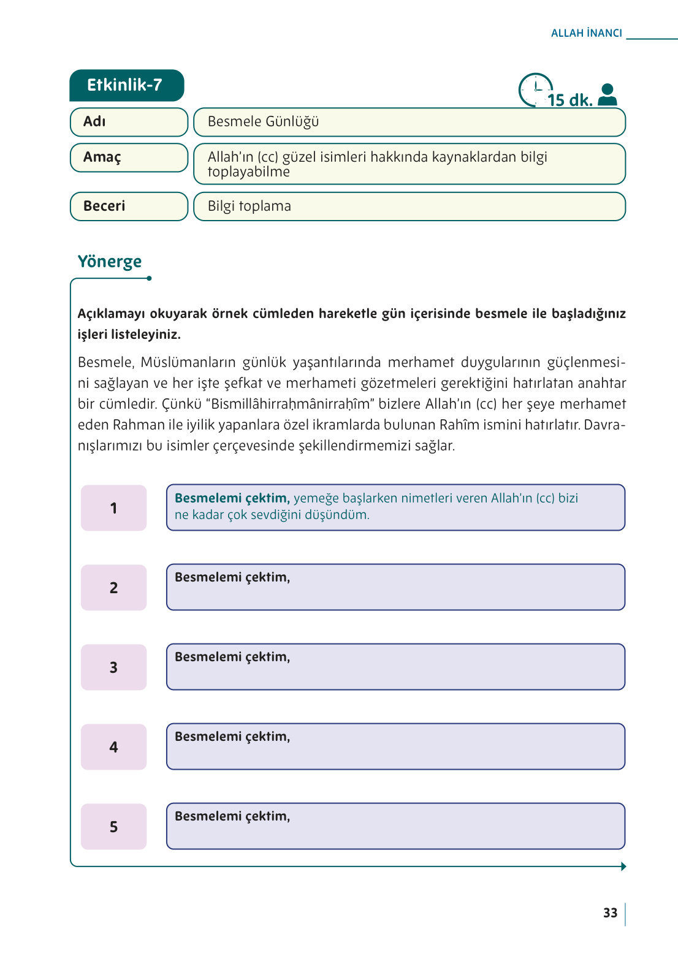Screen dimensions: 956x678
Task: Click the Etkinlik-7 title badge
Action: click(x=126, y=85)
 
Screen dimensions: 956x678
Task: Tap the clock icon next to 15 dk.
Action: click(x=535, y=89)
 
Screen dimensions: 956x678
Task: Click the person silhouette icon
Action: click(x=607, y=94)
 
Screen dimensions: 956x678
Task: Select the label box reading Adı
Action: click(x=129, y=122)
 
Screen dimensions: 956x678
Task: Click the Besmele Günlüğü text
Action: click(x=263, y=122)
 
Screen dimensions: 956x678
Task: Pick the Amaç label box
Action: click(x=129, y=157)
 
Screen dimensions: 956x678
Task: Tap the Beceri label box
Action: click(x=129, y=207)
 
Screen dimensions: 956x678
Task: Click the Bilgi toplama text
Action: click(x=249, y=207)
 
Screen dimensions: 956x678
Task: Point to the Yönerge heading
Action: click(x=110, y=262)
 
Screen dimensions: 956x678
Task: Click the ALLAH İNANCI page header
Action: click(x=586, y=33)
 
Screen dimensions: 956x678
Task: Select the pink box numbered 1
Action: click(x=113, y=508)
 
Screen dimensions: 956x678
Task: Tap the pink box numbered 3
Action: click(x=113, y=667)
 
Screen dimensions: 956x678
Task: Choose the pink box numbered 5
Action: click(x=113, y=827)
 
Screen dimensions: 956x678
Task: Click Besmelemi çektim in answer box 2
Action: click(x=232, y=577)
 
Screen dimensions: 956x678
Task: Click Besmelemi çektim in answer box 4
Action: click(x=232, y=737)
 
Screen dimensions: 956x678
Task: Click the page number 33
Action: click(x=610, y=913)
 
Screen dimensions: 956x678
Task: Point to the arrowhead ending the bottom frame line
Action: click(x=623, y=867)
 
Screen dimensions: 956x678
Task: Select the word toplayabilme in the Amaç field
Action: click(x=248, y=172)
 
